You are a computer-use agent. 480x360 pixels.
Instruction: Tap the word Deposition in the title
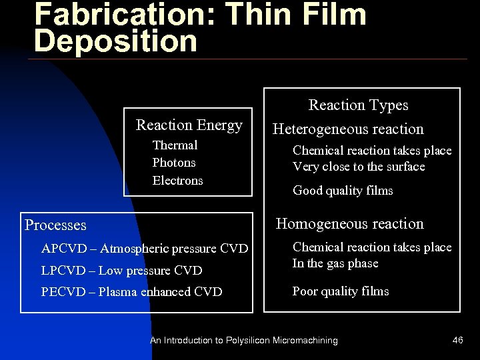[x=115, y=41]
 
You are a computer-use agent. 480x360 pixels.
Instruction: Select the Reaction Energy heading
[x=189, y=125]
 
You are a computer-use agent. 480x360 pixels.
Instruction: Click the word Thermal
[x=175, y=145]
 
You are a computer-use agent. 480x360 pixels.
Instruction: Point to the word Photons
[x=174, y=163]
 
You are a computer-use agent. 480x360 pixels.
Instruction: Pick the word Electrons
[x=177, y=181]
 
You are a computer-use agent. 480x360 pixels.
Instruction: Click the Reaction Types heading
[x=358, y=105]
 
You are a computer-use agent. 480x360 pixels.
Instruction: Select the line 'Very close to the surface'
[x=359, y=167]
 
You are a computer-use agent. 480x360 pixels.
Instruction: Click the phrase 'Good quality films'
[x=343, y=191]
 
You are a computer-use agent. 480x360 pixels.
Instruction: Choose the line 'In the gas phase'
[x=335, y=263]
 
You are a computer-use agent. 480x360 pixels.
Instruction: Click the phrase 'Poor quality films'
[x=341, y=291]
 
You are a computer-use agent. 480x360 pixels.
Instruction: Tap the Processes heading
[x=55, y=225]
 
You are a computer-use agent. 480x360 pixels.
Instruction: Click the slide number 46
[x=457, y=341]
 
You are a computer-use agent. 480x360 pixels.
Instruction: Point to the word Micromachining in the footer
[x=305, y=341]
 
